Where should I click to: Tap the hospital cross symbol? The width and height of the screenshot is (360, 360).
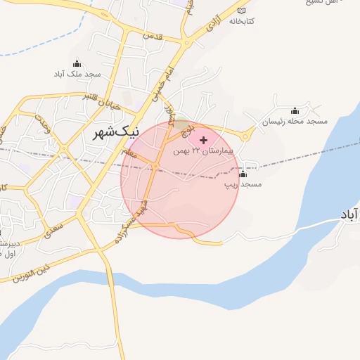pyautogui.click(x=204, y=140)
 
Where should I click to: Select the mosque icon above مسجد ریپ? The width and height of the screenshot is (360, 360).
pyautogui.click(x=243, y=174)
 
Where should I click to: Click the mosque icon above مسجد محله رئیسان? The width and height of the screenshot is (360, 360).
pyautogui.click(x=295, y=110)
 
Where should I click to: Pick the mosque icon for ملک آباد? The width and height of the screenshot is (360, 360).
pyautogui.click(x=77, y=63)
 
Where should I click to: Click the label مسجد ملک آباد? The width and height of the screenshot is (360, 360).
pyautogui.click(x=79, y=72)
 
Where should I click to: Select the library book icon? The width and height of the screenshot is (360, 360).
pyautogui.click(x=243, y=11)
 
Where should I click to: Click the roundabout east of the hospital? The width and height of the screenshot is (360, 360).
pyautogui.click(x=247, y=136)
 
